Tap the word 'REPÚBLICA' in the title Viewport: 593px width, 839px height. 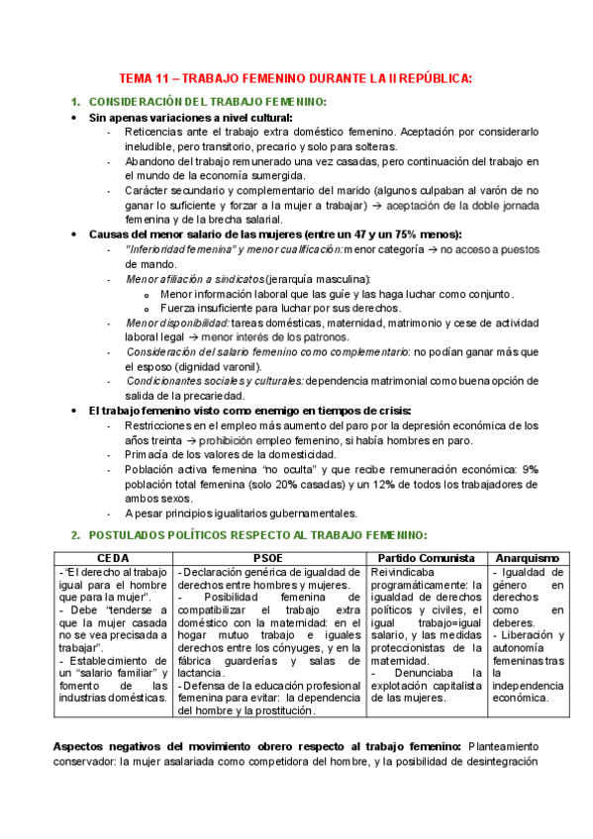[430, 78]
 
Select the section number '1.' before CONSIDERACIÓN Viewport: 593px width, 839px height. [76, 103]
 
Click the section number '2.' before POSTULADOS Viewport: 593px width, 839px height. [76, 534]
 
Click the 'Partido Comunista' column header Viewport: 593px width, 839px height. [428, 557]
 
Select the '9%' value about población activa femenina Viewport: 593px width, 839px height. [531, 470]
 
